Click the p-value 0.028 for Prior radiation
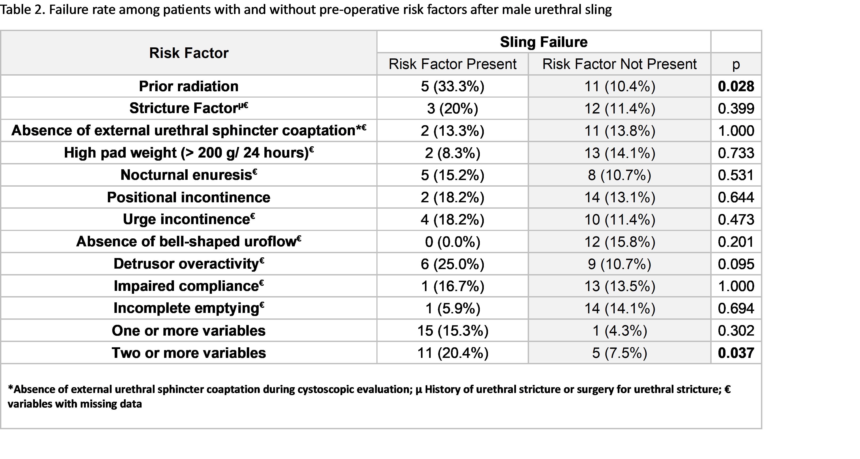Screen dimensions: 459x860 [736, 86]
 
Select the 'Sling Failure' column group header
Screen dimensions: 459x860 [544, 42]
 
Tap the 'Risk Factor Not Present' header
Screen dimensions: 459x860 [619, 64]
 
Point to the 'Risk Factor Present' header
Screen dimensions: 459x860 [452, 64]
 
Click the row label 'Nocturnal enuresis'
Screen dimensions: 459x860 [189, 175]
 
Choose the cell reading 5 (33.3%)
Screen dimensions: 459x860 [452, 86]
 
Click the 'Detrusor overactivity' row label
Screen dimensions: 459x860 [189, 264]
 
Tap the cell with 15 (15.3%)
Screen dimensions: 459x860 [452, 331]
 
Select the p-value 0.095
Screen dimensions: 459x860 [736, 264]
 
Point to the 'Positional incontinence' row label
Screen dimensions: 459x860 [189, 197]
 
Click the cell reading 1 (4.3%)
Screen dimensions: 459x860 [619, 331]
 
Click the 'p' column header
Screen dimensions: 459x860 [736, 64]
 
